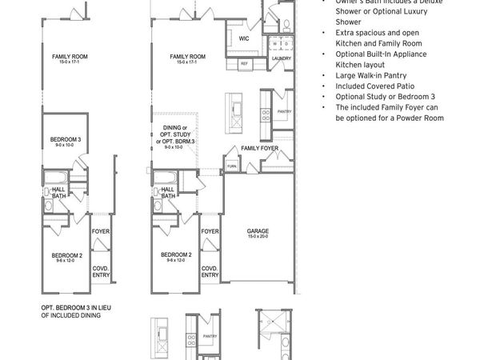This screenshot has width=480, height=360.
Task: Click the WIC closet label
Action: [x=243, y=38]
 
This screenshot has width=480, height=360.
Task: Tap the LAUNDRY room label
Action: [x=282, y=58]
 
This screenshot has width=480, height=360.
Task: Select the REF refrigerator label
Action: [x=245, y=62]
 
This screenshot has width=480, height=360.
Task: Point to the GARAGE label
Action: [x=258, y=231]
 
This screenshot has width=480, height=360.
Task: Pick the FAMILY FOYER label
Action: [x=260, y=148]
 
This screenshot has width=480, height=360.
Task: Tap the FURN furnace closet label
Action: [x=232, y=166]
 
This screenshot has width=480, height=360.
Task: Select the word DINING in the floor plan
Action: [x=171, y=128]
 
